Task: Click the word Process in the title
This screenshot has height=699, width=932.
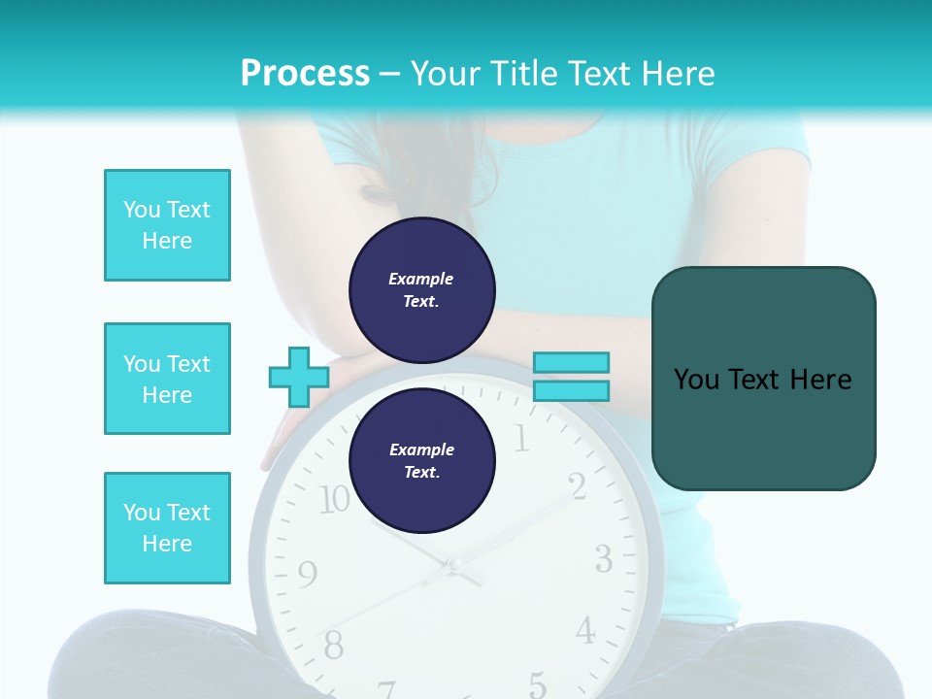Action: (x=305, y=74)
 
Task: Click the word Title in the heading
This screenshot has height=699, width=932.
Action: (x=525, y=74)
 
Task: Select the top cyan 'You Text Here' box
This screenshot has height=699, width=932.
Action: (x=167, y=225)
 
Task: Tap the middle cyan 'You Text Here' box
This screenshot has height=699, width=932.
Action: (x=167, y=379)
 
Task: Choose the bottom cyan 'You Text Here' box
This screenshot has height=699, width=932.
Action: (x=167, y=528)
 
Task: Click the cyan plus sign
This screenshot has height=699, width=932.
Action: (x=299, y=378)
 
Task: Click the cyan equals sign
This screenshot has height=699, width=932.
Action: (x=571, y=377)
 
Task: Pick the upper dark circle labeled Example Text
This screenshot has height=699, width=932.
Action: (x=422, y=290)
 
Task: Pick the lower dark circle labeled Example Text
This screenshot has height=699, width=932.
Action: (x=422, y=461)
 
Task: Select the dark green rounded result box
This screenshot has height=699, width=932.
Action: (x=763, y=379)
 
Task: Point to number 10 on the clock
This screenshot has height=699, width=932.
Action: (x=333, y=500)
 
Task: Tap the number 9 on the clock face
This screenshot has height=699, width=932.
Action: (x=307, y=575)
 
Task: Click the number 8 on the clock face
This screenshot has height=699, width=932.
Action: (x=333, y=644)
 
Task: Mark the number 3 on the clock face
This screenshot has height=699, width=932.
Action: (x=603, y=559)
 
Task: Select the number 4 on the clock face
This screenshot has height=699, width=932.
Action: (x=584, y=631)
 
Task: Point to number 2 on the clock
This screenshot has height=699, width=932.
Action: (x=578, y=486)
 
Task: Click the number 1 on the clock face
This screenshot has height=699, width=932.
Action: (x=521, y=440)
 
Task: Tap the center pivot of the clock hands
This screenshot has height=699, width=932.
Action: (x=451, y=564)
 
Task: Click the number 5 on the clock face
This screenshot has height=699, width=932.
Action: (x=537, y=682)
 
